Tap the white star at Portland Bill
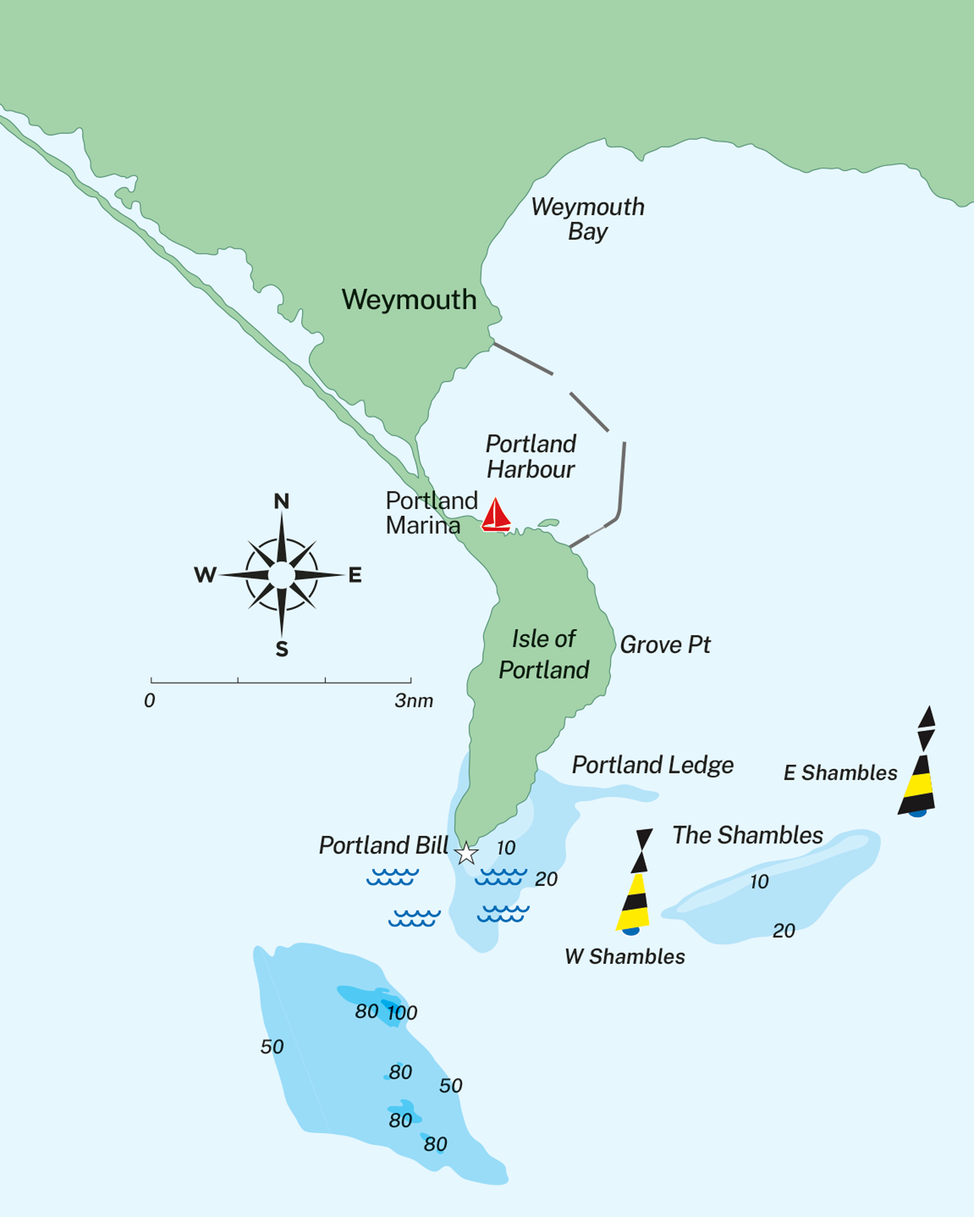[x=467, y=853]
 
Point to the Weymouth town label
[x=409, y=300]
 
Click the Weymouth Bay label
[x=587, y=219]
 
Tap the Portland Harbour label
[x=531, y=457]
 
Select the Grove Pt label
[x=665, y=645]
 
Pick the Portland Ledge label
[x=653, y=765]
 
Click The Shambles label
[x=747, y=835]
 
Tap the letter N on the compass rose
[x=281, y=501]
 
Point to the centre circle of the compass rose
[x=281, y=575]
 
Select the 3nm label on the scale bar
[x=414, y=701]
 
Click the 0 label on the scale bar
[x=150, y=701]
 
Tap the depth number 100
[x=402, y=1013]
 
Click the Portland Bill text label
[x=383, y=846]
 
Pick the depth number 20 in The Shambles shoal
[x=784, y=931]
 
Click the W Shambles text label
[x=625, y=957]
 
